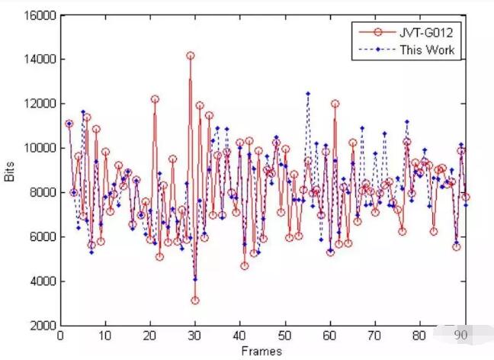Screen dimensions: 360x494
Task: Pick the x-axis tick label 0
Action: [x=60, y=336]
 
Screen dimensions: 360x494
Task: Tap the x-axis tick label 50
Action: [x=284, y=336]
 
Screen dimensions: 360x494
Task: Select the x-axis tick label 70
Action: [x=374, y=336]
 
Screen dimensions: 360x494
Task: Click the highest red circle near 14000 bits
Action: [x=190, y=56]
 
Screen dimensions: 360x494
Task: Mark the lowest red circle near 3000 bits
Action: [x=194, y=301]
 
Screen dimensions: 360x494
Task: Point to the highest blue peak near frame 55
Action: [x=307, y=94]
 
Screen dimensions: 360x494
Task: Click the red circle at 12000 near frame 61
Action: [x=334, y=104]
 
